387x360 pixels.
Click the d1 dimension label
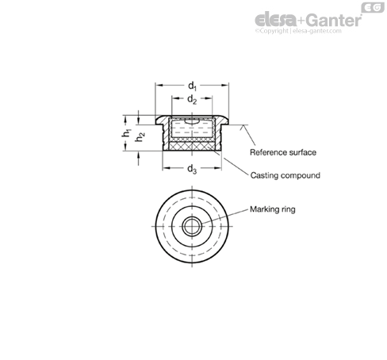192,86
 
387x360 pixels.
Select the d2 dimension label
192,100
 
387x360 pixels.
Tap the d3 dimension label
192,169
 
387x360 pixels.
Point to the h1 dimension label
127,133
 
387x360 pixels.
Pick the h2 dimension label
140,136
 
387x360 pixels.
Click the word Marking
264,209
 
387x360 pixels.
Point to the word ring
288,209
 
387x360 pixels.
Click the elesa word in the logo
276,21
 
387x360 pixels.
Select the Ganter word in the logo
334,21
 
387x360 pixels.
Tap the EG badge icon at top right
373,8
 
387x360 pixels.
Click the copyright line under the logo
298,31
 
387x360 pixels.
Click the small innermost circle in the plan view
192,226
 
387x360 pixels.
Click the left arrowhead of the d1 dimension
159,85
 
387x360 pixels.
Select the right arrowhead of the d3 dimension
218,168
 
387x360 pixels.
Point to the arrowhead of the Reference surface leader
242,128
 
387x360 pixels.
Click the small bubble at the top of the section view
192,121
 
